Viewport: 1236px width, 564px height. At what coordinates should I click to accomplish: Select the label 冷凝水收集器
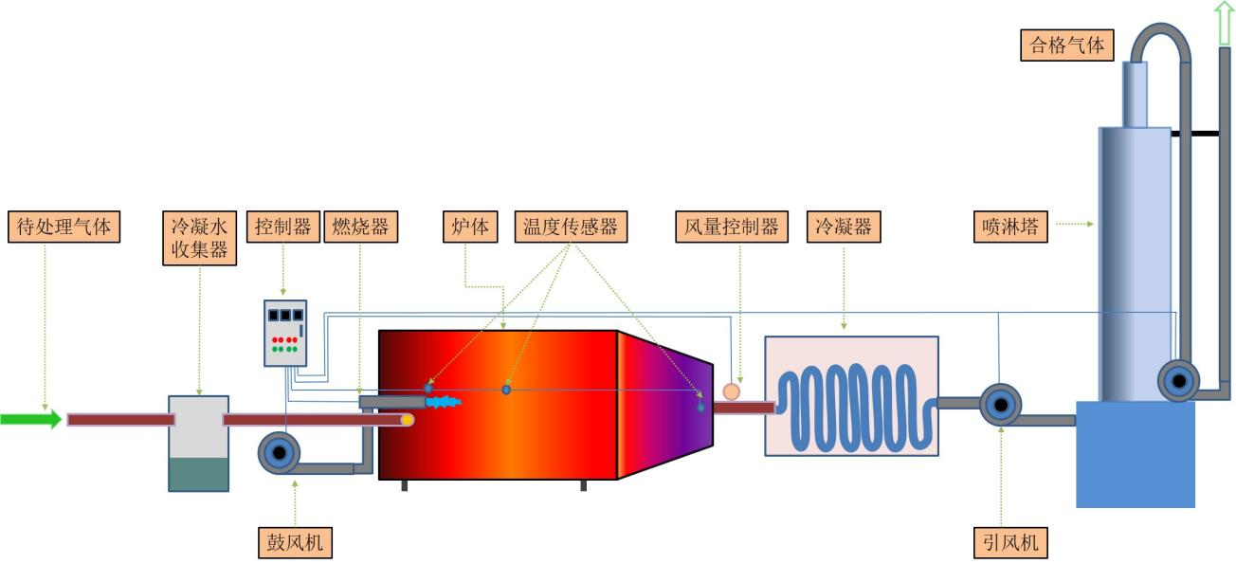click(199, 239)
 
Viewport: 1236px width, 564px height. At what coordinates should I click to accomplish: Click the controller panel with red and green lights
click(285, 333)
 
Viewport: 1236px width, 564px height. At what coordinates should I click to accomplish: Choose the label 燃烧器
click(360, 227)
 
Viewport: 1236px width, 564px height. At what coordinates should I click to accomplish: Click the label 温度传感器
click(571, 227)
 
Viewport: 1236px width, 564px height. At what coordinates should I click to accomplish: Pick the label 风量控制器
click(732, 227)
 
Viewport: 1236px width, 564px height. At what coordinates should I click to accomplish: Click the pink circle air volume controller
click(731, 391)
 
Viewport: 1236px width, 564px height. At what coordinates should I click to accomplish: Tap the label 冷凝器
click(843, 227)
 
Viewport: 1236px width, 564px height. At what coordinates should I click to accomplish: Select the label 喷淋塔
click(1010, 227)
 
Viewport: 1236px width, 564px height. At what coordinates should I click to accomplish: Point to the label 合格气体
click(1067, 45)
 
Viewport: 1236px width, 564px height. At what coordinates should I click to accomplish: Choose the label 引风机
click(1011, 542)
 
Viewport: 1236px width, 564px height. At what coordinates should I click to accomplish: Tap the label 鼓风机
click(296, 542)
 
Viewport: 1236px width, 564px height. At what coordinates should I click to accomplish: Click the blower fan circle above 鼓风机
click(279, 454)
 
